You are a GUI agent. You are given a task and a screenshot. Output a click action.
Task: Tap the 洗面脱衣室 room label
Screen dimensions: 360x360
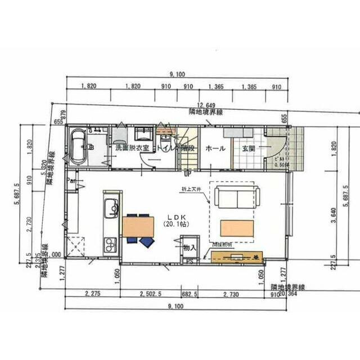(132, 148)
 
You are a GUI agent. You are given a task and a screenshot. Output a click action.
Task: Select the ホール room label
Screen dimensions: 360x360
(215, 148)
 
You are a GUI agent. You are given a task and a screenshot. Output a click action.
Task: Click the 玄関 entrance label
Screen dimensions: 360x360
(249, 148)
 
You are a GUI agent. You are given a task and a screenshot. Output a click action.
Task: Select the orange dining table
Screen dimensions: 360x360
(138, 226)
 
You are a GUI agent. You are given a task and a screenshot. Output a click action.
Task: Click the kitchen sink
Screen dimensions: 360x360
(110, 210)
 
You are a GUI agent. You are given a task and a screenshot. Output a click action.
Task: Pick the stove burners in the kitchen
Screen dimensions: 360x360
(109, 245)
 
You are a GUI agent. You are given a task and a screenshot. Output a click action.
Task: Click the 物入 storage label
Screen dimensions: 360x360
(190, 247)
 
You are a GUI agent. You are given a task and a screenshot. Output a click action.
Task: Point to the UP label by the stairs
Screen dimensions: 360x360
(185, 173)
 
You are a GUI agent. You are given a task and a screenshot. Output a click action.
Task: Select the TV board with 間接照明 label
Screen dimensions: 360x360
(236, 256)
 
